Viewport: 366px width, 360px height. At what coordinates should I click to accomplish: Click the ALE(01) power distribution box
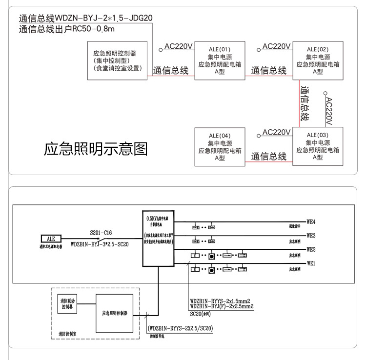pyautogui.click(x=219, y=60)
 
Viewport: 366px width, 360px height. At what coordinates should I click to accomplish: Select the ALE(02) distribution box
pyautogui.click(x=317, y=60)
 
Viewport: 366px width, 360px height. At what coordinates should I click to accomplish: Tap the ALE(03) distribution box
pyautogui.click(x=317, y=146)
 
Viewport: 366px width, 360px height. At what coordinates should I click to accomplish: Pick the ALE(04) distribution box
pyautogui.click(x=219, y=146)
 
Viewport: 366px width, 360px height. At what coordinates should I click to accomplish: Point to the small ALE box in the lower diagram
pyautogui.click(x=51, y=239)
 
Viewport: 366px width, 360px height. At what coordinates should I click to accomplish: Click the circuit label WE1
pyautogui.click(x=311, y=263)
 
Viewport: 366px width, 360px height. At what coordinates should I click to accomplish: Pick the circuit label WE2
pyautogui.click(x=311, y=249)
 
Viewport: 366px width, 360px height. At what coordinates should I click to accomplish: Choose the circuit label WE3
pyautogui.click(x=311, y=235)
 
